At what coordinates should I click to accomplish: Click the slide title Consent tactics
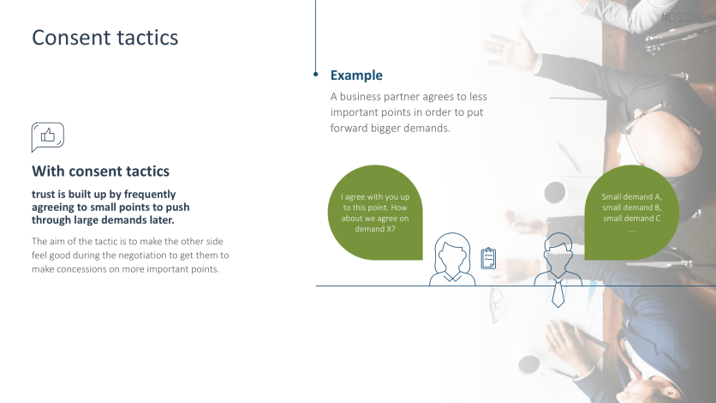(105, 38)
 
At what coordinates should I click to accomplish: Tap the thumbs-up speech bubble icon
(47, 137)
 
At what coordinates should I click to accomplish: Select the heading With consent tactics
(100, 171)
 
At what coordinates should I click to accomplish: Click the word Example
(356, 75)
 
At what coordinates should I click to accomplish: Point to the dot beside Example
(315, 74)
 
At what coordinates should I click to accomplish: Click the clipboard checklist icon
(488, 258)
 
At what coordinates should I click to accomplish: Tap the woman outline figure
(452, 260)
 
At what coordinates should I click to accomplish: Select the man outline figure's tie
(558, 294)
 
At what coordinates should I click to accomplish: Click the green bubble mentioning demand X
(375, 213)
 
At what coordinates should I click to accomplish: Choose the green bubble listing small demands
(631, 213)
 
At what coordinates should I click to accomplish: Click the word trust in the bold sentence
(44, 194)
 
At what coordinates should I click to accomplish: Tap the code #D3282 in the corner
(683, 17)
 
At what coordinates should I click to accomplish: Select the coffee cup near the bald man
(555, 192)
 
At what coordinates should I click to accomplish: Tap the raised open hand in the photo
(509, 48)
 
